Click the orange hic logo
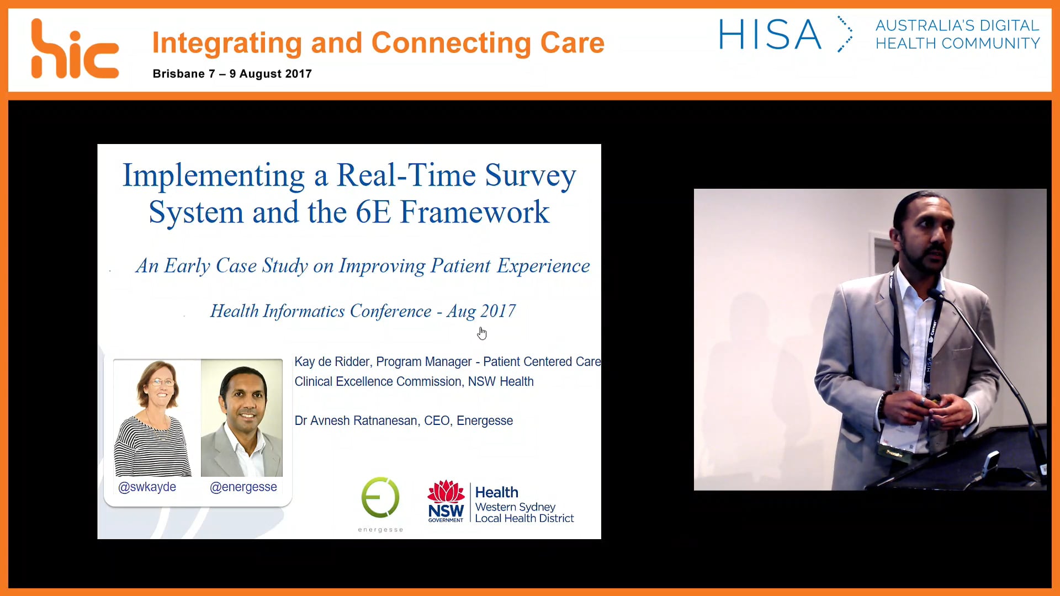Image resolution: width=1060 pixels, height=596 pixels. click(75, 50)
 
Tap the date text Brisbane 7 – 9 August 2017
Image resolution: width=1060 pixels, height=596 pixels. click(232, 74)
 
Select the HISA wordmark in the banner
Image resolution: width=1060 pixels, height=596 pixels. click(770, 35)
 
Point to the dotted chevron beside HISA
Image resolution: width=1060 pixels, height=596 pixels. click(845, 34)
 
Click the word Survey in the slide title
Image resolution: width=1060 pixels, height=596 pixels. click(530, 175)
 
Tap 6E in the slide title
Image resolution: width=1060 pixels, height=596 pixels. click(373, 212)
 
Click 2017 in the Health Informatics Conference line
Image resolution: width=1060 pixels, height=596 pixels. click(498, 311)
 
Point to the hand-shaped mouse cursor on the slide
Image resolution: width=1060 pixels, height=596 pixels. click(482, 333)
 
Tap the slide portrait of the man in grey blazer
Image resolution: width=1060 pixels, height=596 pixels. click(242, 418)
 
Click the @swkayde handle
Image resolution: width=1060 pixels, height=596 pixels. click(147, 487)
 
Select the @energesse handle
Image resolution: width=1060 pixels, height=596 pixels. click(243, 487)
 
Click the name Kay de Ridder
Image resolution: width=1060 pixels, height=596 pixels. click(332, 362)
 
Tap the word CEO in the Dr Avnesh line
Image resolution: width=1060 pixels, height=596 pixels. click(436, 421)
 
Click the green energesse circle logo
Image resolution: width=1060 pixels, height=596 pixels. click(380, 497)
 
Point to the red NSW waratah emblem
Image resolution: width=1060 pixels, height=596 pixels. click(446, 491)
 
